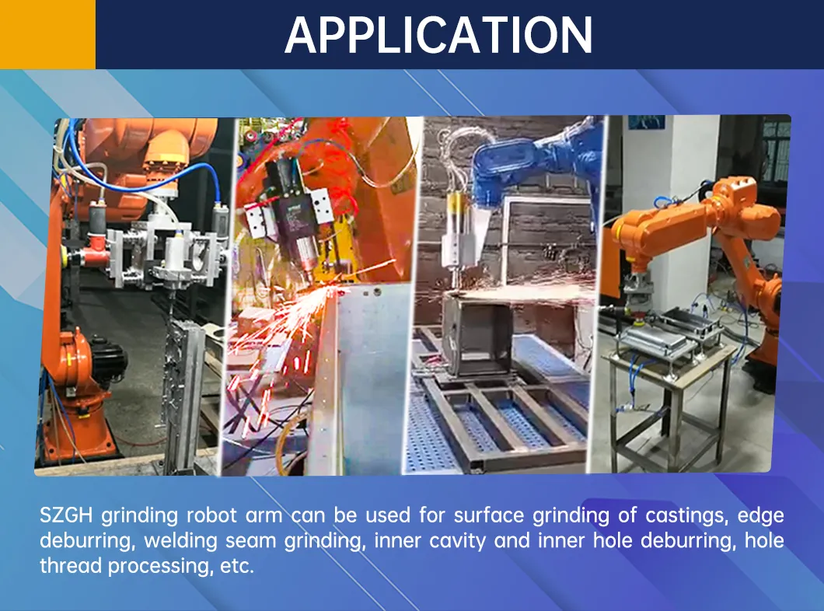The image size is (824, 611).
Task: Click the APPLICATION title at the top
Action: (438, 34)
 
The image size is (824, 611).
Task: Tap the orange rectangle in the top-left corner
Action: (47, 34)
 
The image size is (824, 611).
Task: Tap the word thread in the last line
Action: (72, 565)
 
